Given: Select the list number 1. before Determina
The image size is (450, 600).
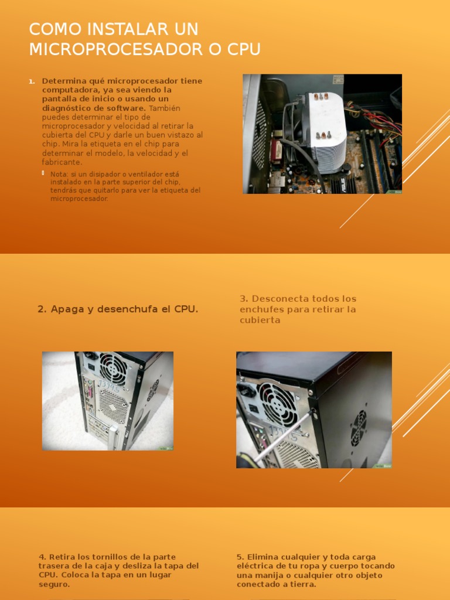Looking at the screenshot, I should coord(32,81).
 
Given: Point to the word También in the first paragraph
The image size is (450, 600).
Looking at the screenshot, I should coord(165,108).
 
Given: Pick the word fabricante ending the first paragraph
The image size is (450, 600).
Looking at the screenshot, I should coord(62,162).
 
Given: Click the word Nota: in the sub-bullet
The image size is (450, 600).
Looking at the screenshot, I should coord(60,174).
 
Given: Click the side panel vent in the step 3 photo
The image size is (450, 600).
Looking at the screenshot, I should coord(358,428).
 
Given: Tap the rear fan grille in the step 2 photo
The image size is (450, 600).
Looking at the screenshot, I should coord(112,369).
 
